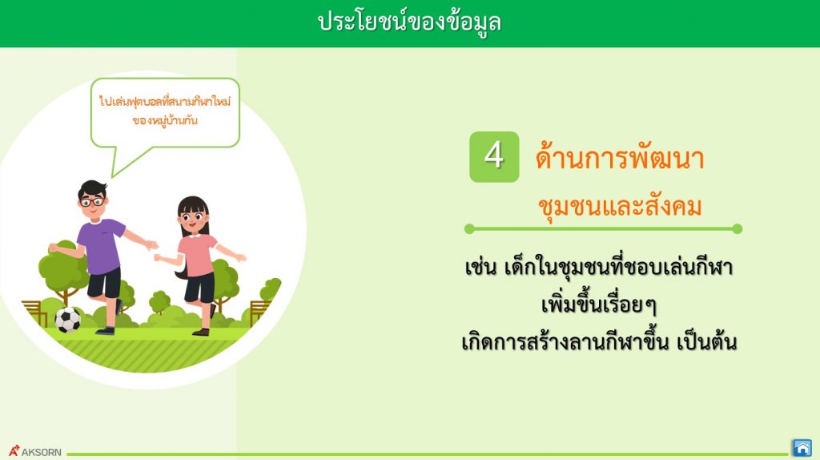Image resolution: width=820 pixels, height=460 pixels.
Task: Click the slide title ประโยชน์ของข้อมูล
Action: [409, 23]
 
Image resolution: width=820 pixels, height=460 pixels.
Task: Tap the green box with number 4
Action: [494, 157]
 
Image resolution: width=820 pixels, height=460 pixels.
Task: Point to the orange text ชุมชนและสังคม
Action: [620, 206]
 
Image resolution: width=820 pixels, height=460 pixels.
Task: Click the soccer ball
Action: [67, 320]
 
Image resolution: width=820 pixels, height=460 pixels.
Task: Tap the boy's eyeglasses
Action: [92, 201]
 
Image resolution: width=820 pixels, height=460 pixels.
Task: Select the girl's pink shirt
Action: [197, 255]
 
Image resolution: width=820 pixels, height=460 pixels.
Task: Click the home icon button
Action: [802, 448]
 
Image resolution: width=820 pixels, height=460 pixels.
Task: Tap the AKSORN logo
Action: [34, 451]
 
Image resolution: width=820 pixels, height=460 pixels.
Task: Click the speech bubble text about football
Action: [165, 111]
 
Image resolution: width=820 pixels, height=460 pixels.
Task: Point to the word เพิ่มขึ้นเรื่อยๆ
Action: [599, 304]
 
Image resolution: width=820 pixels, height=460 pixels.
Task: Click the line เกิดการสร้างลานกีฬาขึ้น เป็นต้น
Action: [599, 341]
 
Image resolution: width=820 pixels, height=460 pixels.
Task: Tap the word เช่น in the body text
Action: [480, 267]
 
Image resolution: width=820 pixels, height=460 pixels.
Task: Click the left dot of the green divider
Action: [469, 228]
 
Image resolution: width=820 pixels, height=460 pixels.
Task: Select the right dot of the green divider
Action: [738, 228]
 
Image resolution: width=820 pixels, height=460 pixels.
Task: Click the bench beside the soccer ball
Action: [34, 313]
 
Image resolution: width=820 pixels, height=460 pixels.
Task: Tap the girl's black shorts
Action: [199, 288]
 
